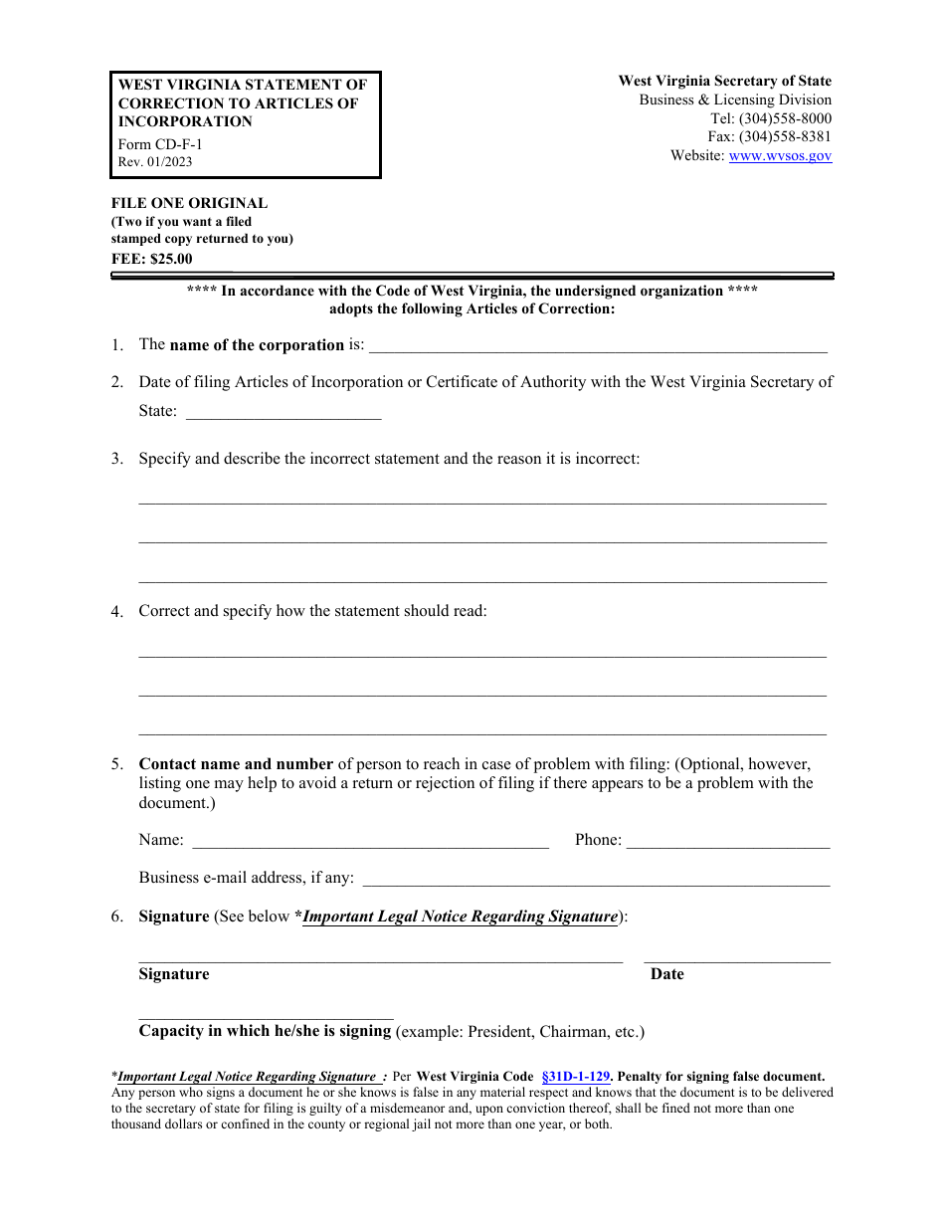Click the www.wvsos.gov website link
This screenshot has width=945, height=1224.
tap(780, 155)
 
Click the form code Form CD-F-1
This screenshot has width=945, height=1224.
tap(160, 144)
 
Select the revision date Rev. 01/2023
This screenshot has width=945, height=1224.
tap(155, 162)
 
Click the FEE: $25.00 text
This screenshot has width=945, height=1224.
tap(151, 259)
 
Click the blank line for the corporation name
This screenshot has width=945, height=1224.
tap(597, 348)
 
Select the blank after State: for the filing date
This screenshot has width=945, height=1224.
tap(283, 414)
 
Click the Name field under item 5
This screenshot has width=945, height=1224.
tap(369, 843)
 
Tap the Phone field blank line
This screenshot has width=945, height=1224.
tap(727, 843)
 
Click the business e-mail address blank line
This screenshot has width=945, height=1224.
tap(598, 881)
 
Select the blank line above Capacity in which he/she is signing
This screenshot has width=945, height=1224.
tap(266, 1015)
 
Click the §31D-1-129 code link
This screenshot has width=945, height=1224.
tap(576, 1076)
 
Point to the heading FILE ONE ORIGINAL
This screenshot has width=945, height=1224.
tap(189, 203)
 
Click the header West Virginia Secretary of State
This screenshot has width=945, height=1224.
tap(724, 81)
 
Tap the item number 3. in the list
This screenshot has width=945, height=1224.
tap(117, 459)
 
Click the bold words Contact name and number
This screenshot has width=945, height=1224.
tap(236, 764)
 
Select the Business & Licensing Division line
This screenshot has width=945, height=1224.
tap(734, 100)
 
